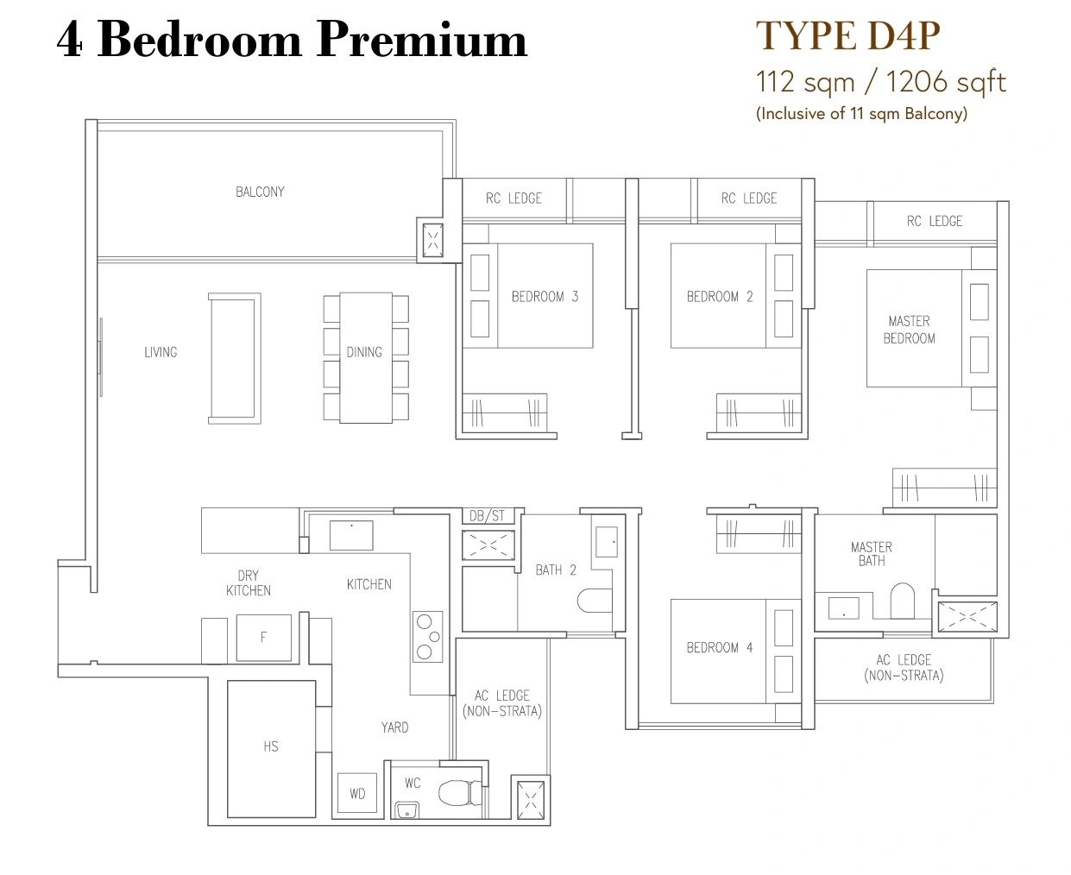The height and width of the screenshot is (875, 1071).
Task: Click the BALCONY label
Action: coord(260,192)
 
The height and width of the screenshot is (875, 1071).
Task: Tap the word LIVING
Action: coord(161,352)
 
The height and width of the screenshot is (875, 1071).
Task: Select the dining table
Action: coord(366,357)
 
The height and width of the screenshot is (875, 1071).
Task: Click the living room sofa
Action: coord(234,358)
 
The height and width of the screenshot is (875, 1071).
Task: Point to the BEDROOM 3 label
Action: coord(545,297)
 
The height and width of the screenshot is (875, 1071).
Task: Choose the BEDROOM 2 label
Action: coord(720,297)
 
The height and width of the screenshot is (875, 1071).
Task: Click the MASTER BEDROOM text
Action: coord(909,330)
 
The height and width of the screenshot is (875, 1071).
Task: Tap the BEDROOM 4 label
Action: coord(719,647)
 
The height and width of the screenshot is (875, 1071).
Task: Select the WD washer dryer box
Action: coord(357,793)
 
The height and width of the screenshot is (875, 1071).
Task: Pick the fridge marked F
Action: coord(263,638)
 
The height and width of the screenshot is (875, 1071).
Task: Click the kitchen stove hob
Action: coord(427,636)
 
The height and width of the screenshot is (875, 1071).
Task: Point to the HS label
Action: coord(271,746)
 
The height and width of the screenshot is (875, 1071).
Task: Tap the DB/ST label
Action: coord(487,516)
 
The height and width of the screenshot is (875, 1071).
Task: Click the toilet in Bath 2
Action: coord(595,601)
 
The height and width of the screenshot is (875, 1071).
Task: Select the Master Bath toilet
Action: coord(902,601)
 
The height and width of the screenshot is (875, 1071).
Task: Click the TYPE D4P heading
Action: coord(847,35)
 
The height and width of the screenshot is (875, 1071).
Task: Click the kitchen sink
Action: coord(351,535)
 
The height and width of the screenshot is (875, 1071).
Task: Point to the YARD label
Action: coord(394,727)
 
